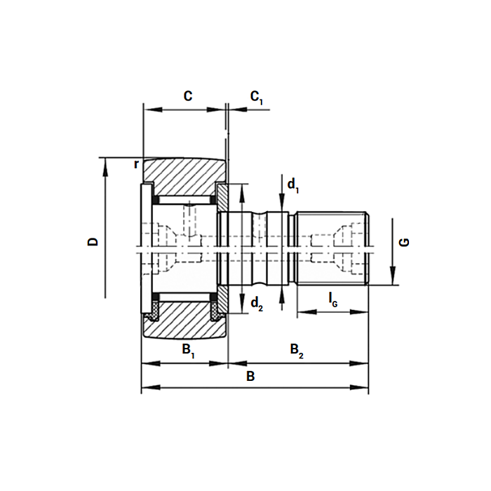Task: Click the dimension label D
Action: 93,242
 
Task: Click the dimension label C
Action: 187,97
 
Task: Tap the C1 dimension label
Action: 257,97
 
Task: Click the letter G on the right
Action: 404,243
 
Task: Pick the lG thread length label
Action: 333,300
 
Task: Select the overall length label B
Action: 250,377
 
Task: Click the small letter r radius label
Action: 137,164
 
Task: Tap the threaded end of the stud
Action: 332,248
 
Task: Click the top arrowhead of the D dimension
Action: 105,163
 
